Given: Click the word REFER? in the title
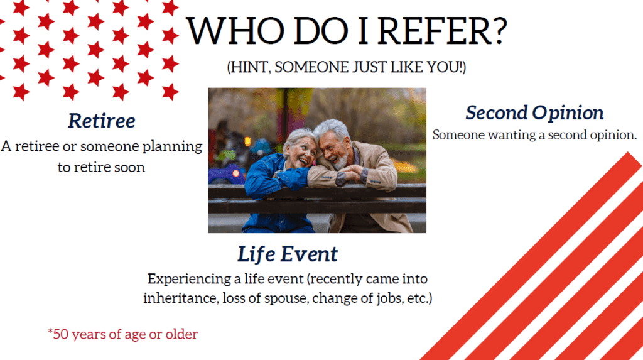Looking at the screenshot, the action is coord(442,31).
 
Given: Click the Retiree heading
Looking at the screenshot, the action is coord(101,121).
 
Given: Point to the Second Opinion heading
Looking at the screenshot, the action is coord(534,113).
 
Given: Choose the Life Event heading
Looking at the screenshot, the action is coord(288,254).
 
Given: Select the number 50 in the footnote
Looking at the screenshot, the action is coord(60,334).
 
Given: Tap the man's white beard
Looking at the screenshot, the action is coord(340,161).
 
